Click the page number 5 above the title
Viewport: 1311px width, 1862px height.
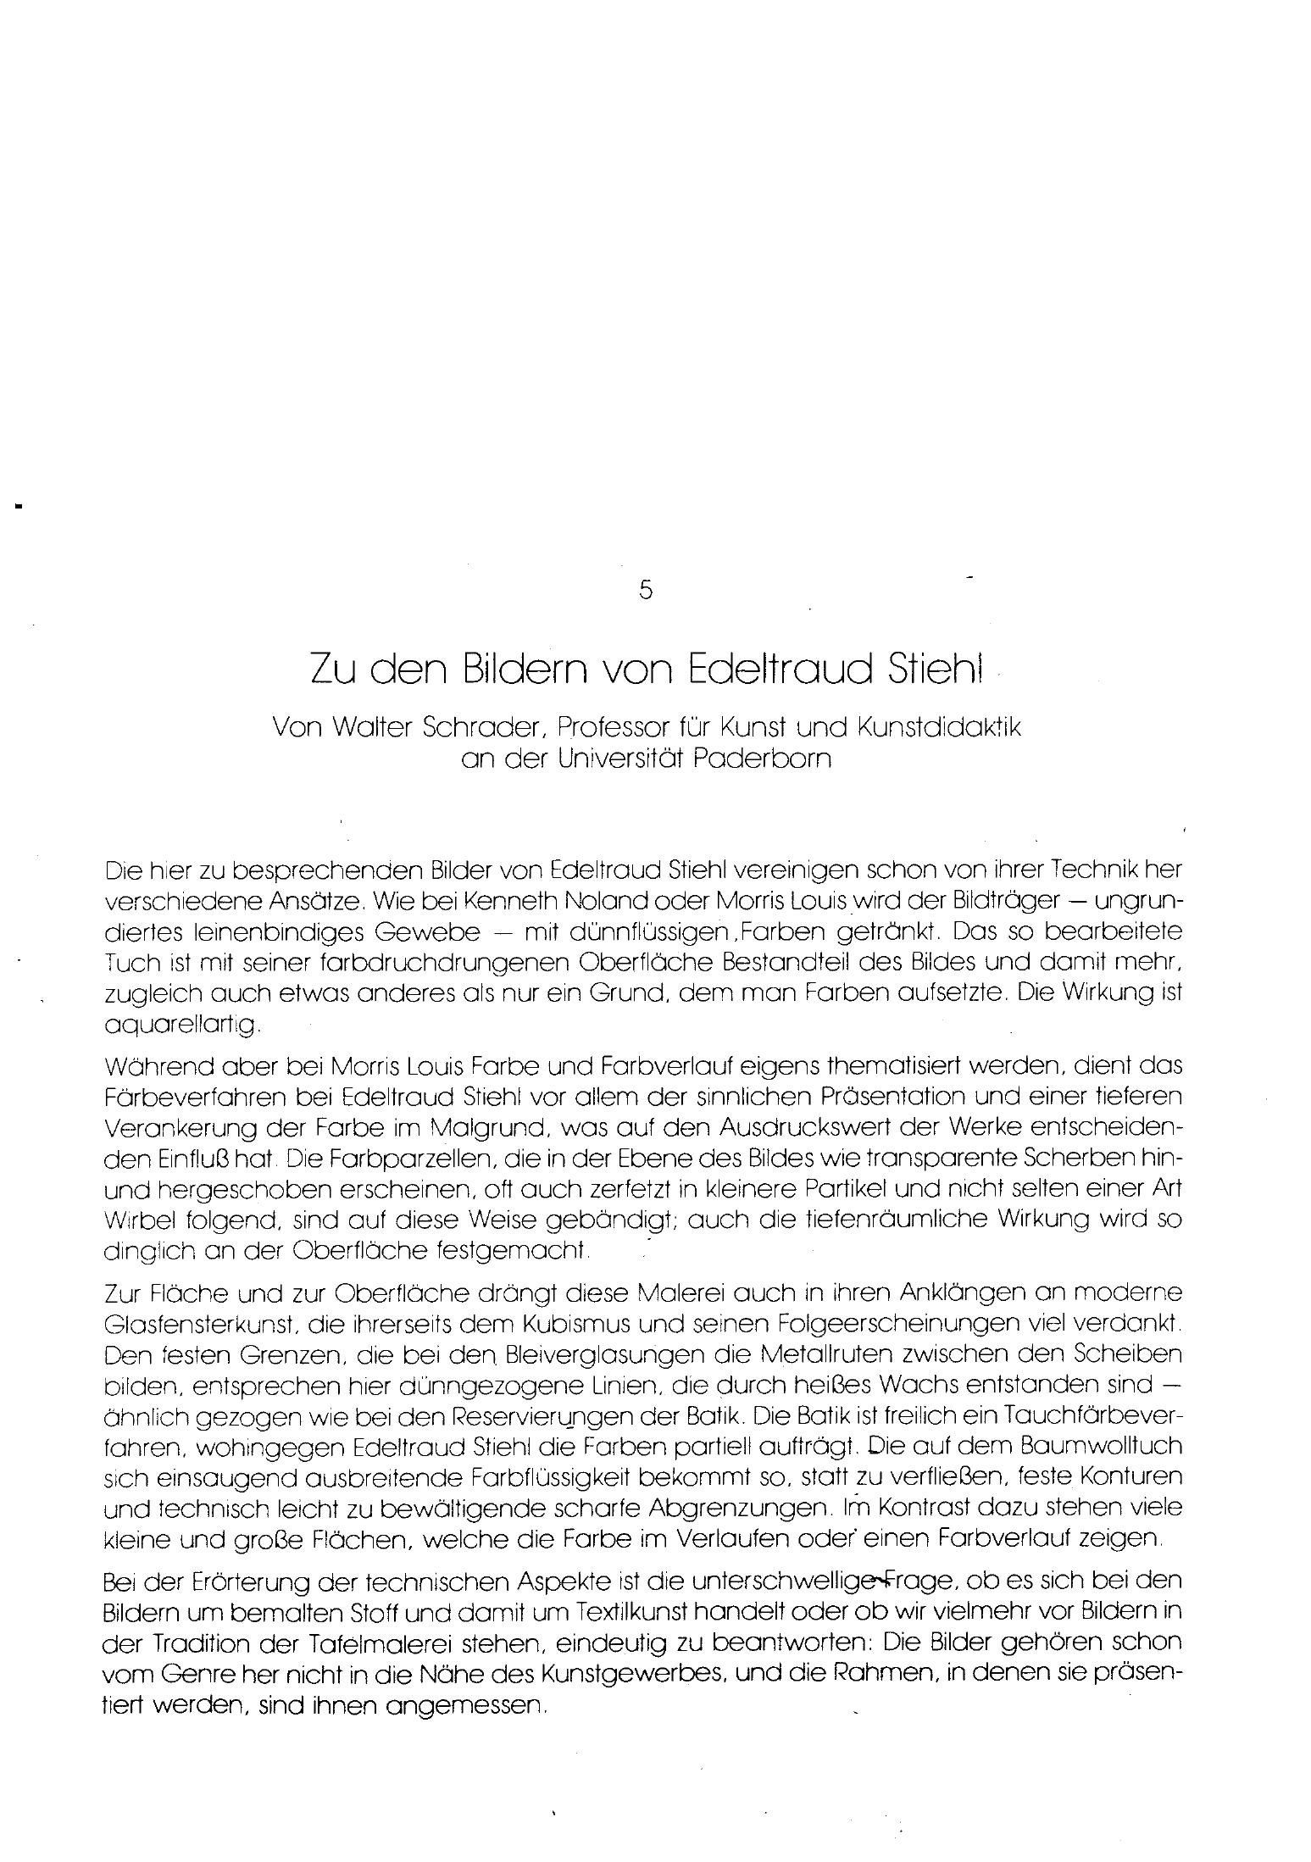646,592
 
